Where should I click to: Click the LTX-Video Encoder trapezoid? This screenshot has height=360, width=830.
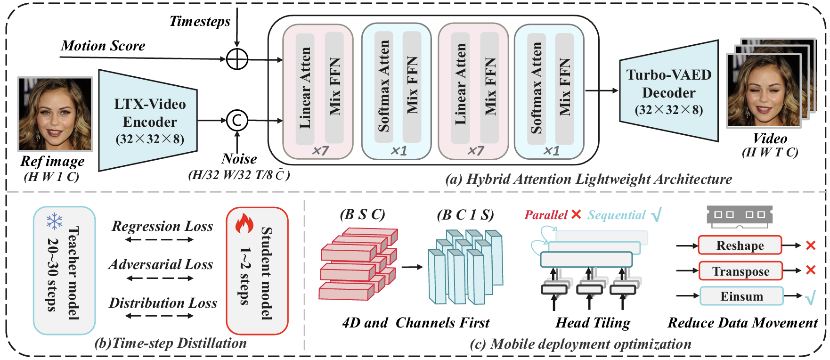pos(148,121)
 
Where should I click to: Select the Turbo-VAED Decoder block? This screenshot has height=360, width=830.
pos(668,92)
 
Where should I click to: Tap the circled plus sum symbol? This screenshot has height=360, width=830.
pos(237,59)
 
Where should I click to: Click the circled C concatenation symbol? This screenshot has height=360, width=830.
pos(237,120)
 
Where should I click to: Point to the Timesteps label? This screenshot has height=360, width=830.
pos(200,21)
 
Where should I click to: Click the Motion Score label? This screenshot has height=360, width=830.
pos(103,46)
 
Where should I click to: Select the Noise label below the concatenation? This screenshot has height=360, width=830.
pos(239,158)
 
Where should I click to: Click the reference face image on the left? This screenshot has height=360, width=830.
pos(55,114)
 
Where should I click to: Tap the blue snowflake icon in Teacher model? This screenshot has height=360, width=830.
pos(55,221)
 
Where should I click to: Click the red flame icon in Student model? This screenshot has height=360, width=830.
pos(244,223)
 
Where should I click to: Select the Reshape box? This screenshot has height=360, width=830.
pos(740,245)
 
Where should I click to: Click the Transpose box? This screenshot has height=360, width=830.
pos(740,271)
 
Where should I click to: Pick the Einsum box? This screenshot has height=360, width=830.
pos(741,296)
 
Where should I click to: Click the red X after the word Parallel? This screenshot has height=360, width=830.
pos(576,215)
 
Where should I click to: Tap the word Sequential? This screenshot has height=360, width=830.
pos(616,215)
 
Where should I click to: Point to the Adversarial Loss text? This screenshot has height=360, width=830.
pos(161,264)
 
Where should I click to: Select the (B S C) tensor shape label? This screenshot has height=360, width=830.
pos(362,214)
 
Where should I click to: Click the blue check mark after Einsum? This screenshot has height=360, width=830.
pos(810,297)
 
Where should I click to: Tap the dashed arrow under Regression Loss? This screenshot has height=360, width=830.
pos(160,240)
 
